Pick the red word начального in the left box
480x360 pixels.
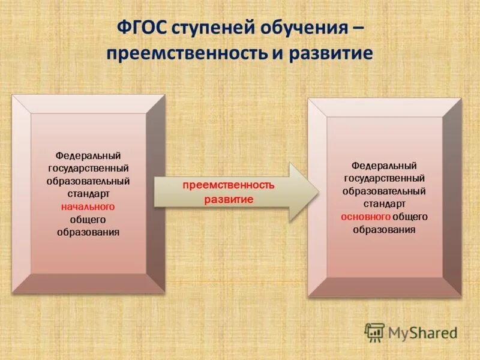click(x=88, y=206)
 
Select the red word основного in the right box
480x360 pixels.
click(x=365, y=217)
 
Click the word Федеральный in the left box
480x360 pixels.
click(x=88, y=156)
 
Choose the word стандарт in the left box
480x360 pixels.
click(x=88, y=194)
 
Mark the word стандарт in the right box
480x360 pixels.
click(x=384, y=204)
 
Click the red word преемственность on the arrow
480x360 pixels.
click(x=229, y=185)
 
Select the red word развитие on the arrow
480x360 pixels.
click(x=229, y=199)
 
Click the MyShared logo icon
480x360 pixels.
click(x=374, y=332)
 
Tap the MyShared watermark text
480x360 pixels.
click(x=422, y=332)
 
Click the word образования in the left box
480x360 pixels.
click(x=88, y=232)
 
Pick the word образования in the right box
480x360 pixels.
click(x=384, y=229)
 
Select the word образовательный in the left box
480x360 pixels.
click(x=88, y=181)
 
